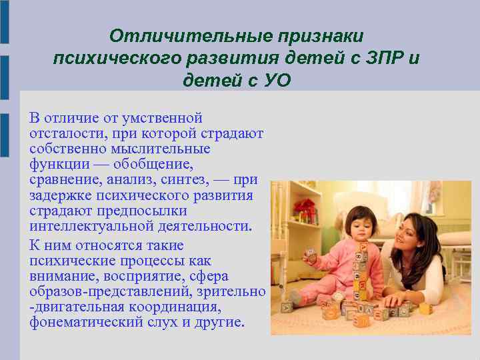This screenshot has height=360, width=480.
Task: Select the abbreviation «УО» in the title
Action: pos(277,81)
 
